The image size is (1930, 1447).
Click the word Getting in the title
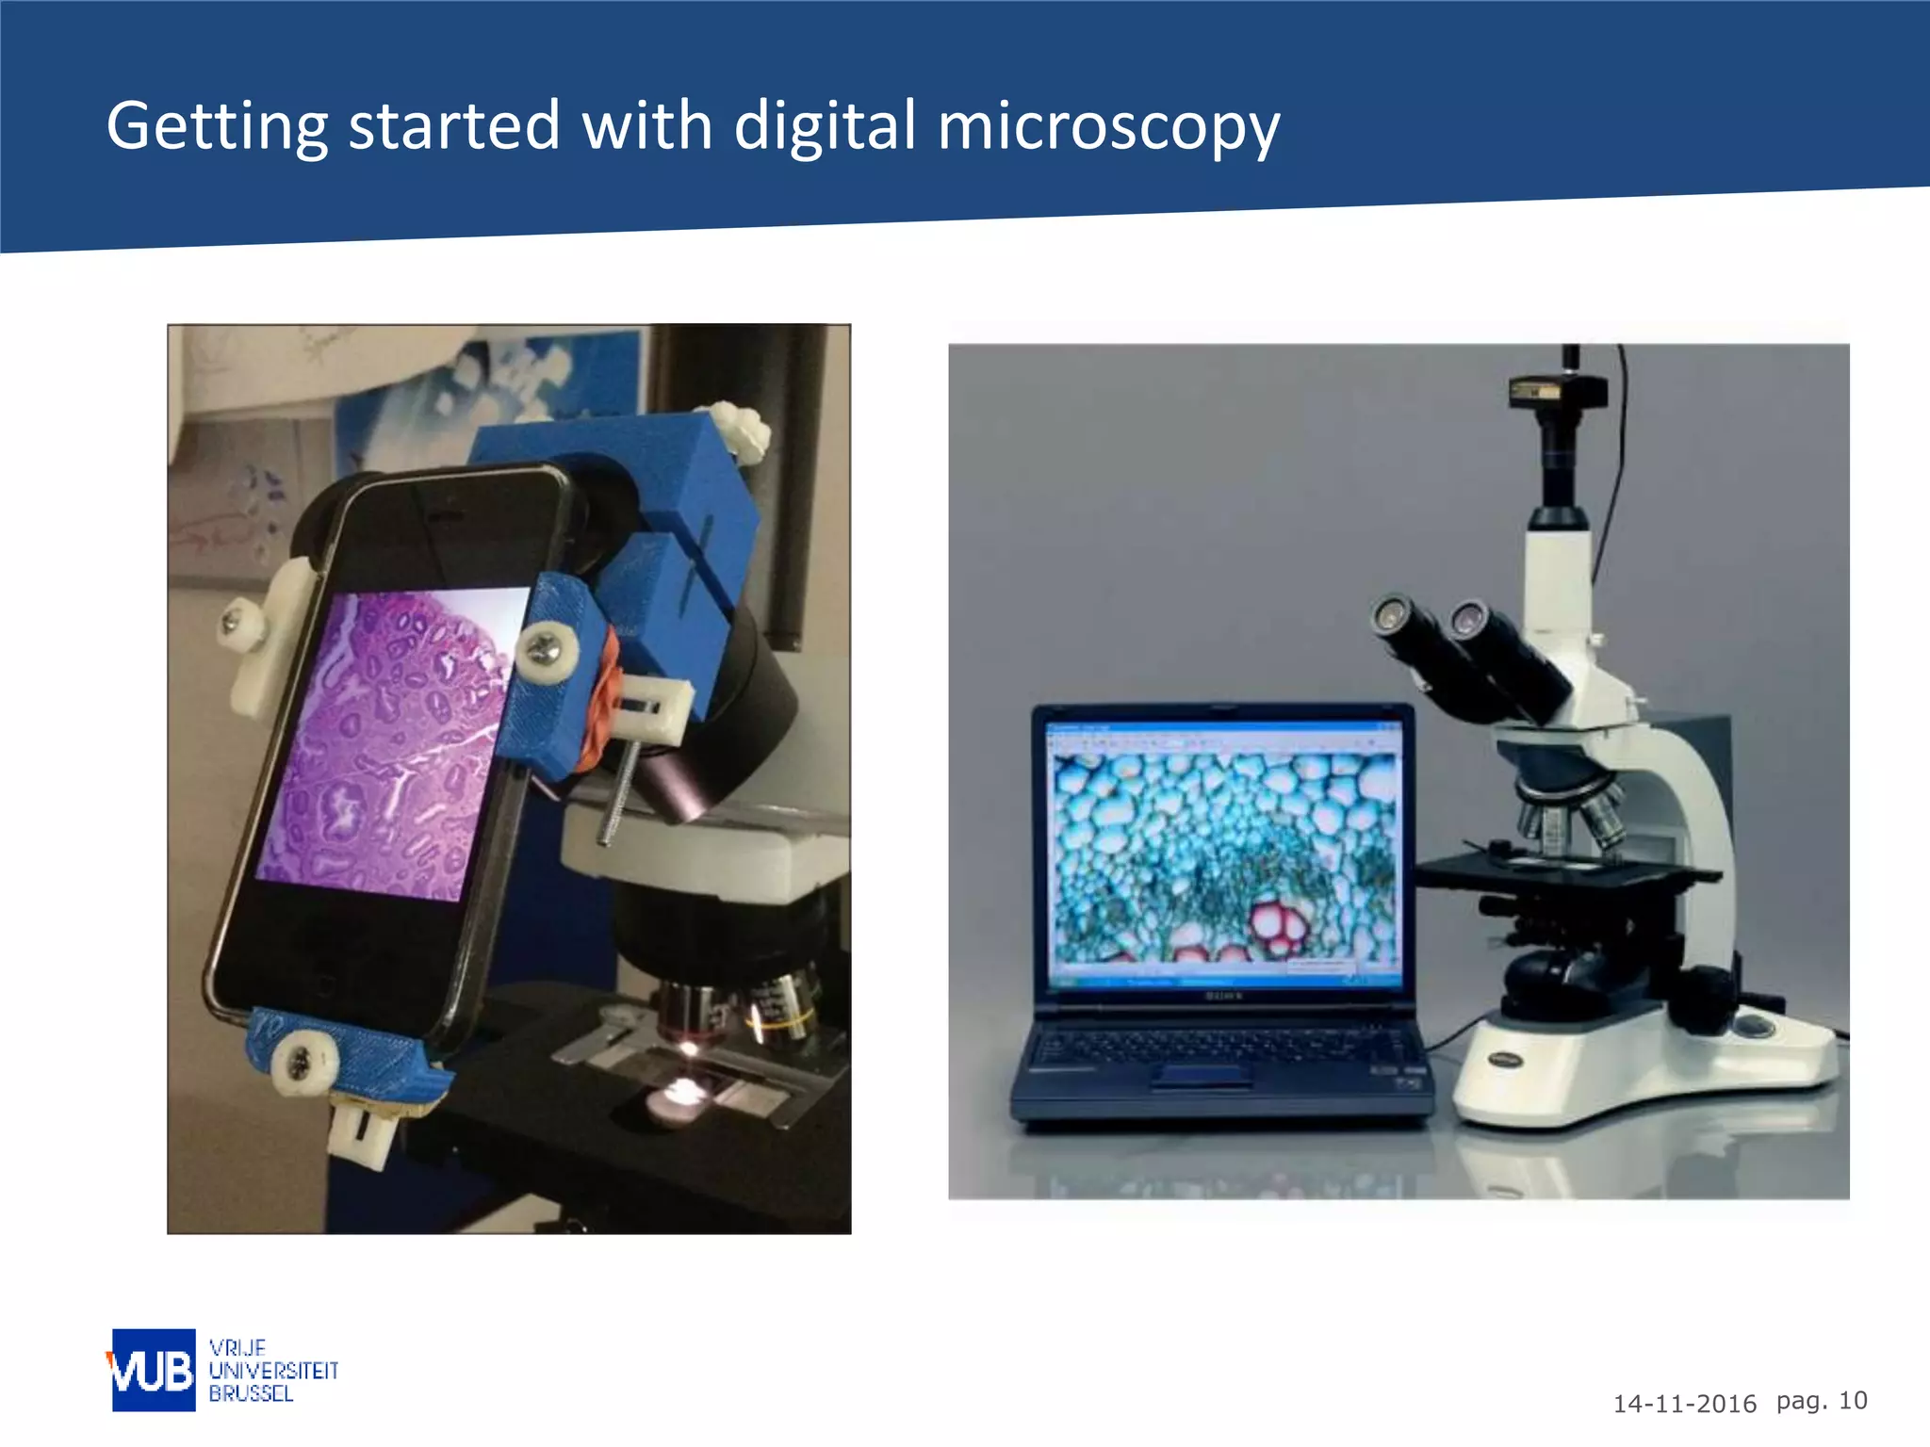pyautogui.click(x=217, y=127)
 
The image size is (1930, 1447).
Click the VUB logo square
pyautogui.click(x=154, y=1370)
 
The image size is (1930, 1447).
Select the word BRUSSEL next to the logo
pyautogui.click(x=251, y=1393)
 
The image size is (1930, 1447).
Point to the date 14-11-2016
pyautogui.click(x=1684, y=1404)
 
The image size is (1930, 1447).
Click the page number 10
pyautogui.click(x=1853, y=1401)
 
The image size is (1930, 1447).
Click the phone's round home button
pyautogui.click(x=320, y=984)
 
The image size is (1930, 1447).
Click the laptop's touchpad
pyautogui.click(x=1202, y=1075)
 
